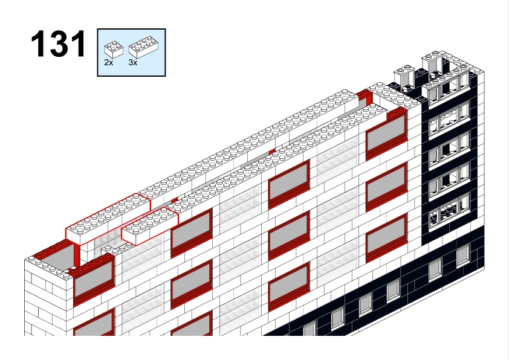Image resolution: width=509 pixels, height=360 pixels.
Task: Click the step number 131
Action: point(59,43)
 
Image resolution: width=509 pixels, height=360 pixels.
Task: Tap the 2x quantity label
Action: point(109,63)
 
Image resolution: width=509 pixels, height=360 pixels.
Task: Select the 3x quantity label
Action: point(133,63)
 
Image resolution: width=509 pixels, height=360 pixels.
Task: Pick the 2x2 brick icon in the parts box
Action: point(114,50)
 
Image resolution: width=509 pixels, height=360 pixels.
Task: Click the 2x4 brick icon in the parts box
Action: point(143,47)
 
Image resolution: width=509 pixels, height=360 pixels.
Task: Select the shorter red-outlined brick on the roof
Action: point(150,226)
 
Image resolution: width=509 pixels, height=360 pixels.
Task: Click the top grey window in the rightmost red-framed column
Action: point(386,135)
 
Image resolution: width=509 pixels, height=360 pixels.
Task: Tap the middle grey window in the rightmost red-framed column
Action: point(386,187)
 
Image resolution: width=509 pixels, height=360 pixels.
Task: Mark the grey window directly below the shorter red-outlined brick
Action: point(192,233)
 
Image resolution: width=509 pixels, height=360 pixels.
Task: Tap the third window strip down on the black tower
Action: point(449,150)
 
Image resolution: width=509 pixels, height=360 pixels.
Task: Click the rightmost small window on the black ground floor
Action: point(463,256)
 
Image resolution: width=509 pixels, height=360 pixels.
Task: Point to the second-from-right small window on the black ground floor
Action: point(435,269)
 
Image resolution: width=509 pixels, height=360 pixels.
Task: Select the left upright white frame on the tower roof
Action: point(404,79)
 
